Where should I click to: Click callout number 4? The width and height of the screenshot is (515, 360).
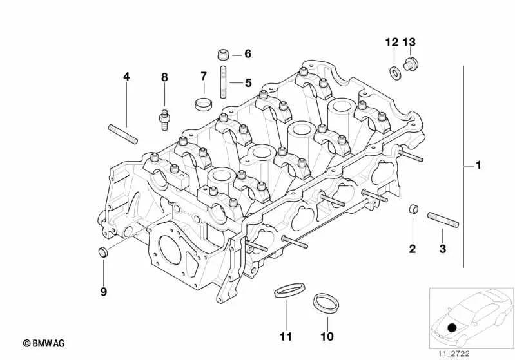pos(126,77)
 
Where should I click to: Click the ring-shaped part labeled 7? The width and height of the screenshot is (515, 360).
pos(204,103)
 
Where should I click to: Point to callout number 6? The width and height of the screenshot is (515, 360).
pos(248,53)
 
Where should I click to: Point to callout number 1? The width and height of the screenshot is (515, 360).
pos(478,166)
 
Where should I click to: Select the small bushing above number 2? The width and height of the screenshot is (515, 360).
pos(413,209)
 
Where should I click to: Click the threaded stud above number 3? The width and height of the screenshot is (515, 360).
pos(443,219)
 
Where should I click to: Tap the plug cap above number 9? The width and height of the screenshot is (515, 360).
pos(102,251)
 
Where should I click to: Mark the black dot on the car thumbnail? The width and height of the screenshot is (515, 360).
pos(451,328)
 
